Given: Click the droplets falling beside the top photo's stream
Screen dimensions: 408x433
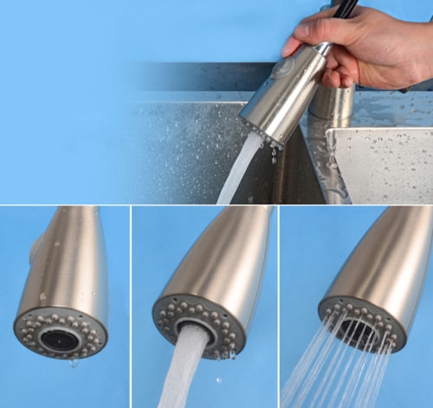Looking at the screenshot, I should pyautogui.click(x=274, y=155).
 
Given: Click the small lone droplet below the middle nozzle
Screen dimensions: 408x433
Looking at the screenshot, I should pyautogui.click(x=217, y=379).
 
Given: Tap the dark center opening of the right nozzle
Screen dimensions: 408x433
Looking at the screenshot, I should pyautogui.click(x=360, y=327).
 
